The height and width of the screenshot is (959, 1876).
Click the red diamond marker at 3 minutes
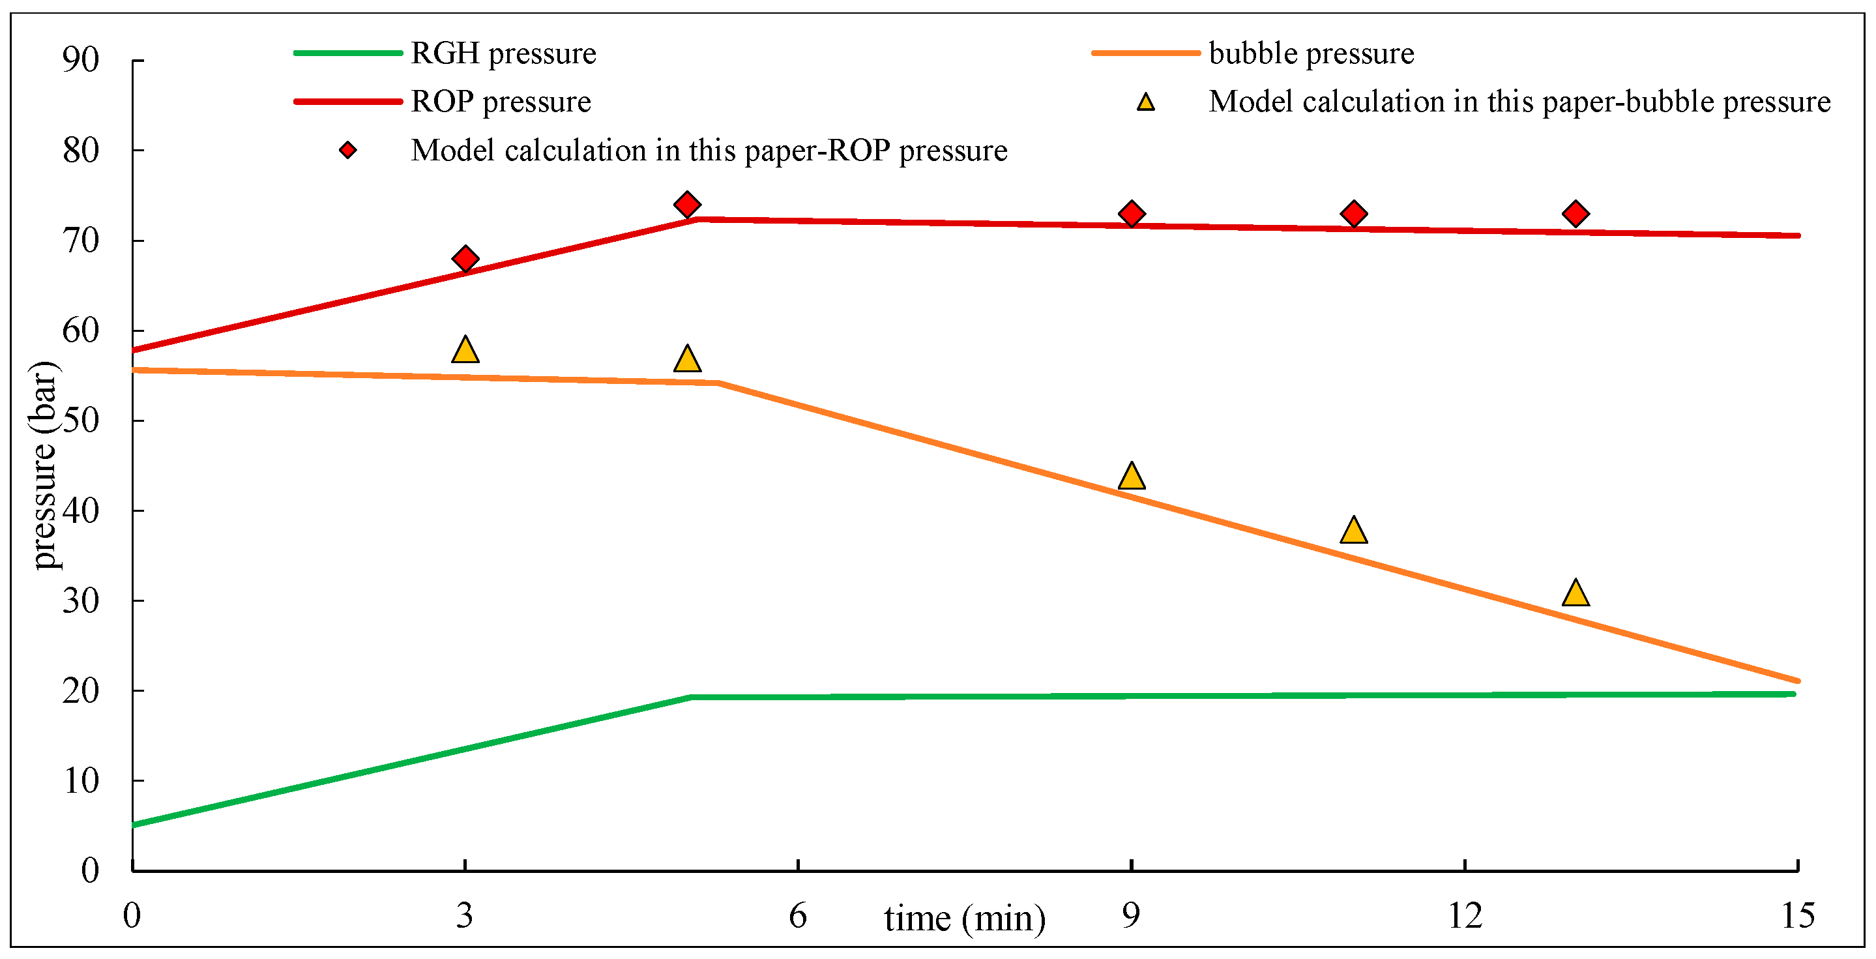point(465,259)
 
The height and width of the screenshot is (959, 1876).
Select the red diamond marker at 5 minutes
point(687,205)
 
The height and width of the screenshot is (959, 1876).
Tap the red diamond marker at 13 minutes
point(1576,214)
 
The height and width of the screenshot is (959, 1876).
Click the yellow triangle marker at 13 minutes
point(1576,593)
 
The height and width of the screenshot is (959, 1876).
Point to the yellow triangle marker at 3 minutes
point(465,351)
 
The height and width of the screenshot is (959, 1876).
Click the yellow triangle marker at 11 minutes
point(1353,531)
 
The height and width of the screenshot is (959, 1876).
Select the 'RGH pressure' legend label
point(503,53)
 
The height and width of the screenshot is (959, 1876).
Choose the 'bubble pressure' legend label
point(1311,53)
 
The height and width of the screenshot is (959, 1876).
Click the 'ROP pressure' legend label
point(501,101)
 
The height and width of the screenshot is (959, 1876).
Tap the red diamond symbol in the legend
point(348,150)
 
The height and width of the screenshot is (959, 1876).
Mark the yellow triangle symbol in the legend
point(1145,102)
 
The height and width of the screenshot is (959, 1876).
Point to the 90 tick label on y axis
point(81,60)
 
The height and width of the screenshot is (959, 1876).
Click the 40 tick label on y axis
point(81,510)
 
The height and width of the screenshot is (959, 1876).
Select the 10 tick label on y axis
point(81,780)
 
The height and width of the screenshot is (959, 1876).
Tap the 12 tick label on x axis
point(1465,915)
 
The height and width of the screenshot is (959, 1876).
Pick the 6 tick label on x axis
point(797,915)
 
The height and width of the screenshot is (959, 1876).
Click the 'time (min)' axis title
point(964,919)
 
